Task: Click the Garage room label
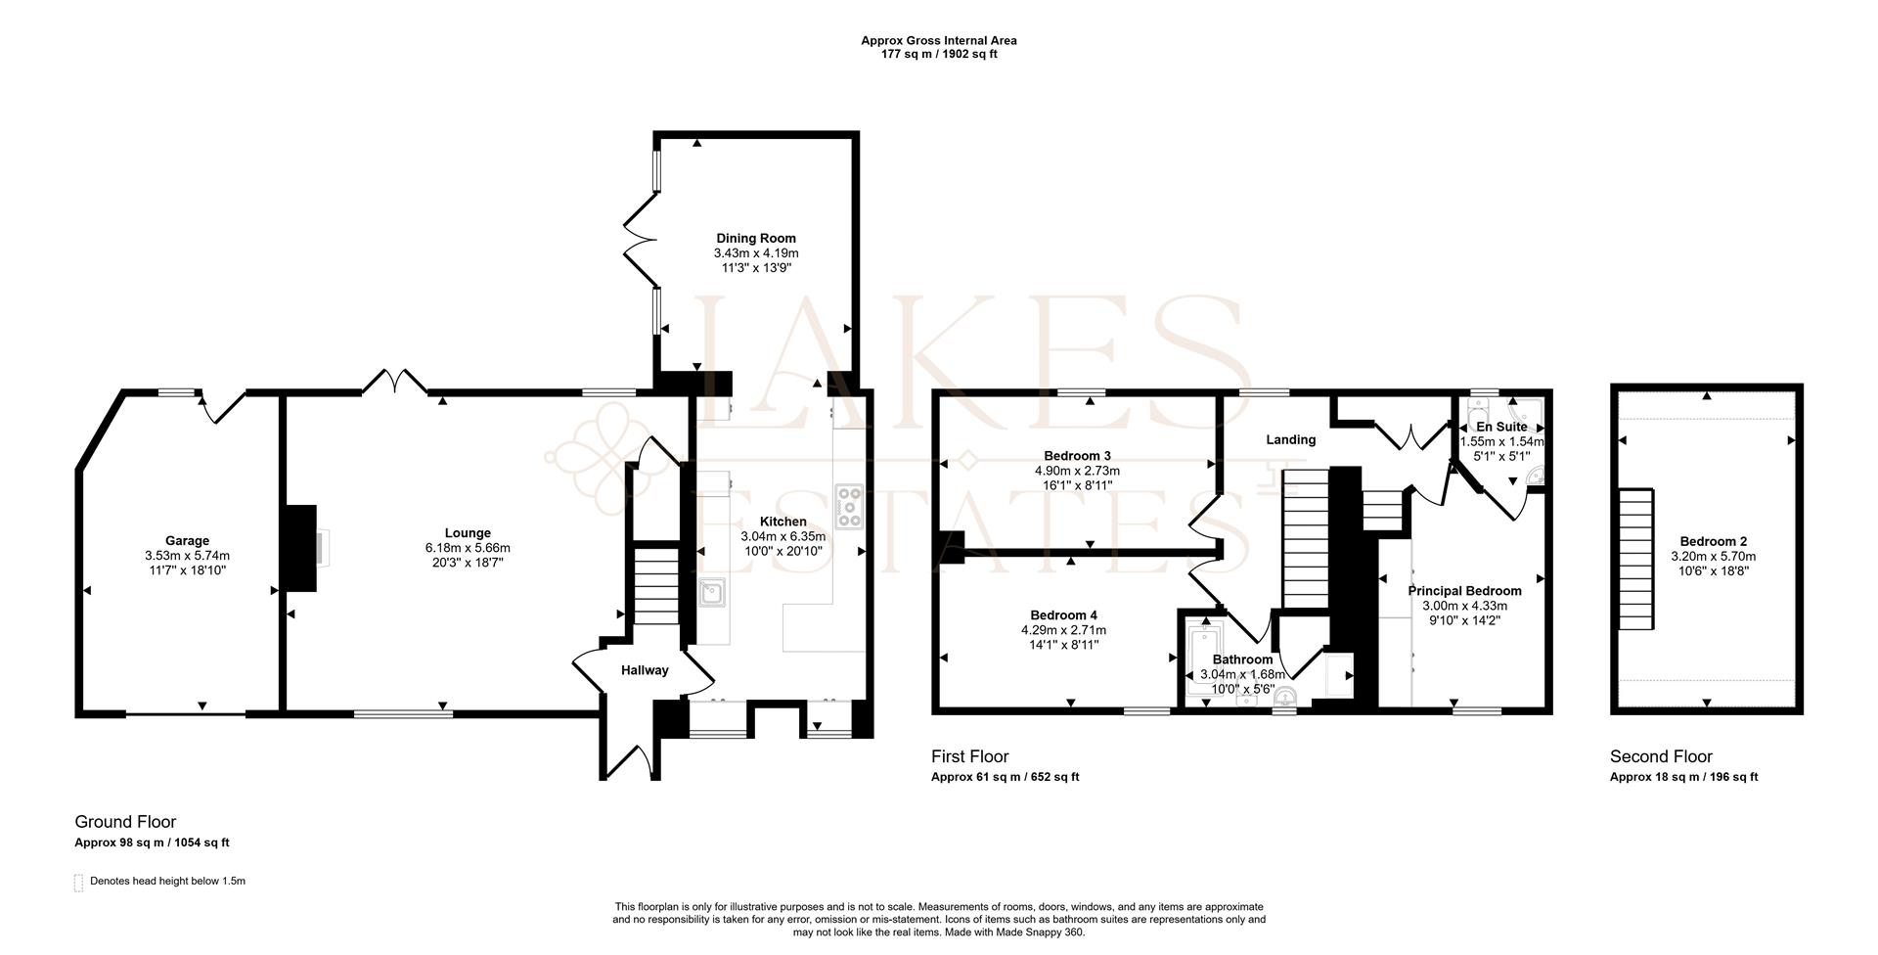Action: [187, 540]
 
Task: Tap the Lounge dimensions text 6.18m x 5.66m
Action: [468, 548]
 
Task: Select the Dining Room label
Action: [756, 238]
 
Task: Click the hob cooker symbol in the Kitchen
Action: [848, 507]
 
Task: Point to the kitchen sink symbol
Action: [712, 592]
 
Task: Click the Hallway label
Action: [645, 670]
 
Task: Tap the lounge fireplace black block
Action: [300, 548]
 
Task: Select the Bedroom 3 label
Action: [1077, 456]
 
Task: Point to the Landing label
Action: [1290, 439]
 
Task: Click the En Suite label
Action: [1501, 427]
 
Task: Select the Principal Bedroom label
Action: [1464, 591]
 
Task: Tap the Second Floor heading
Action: [1661, 756]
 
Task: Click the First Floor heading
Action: [969, 756]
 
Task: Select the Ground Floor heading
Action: [125, 822]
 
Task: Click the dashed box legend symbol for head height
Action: [79, 883]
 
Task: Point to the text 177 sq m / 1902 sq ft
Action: [939, 55]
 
